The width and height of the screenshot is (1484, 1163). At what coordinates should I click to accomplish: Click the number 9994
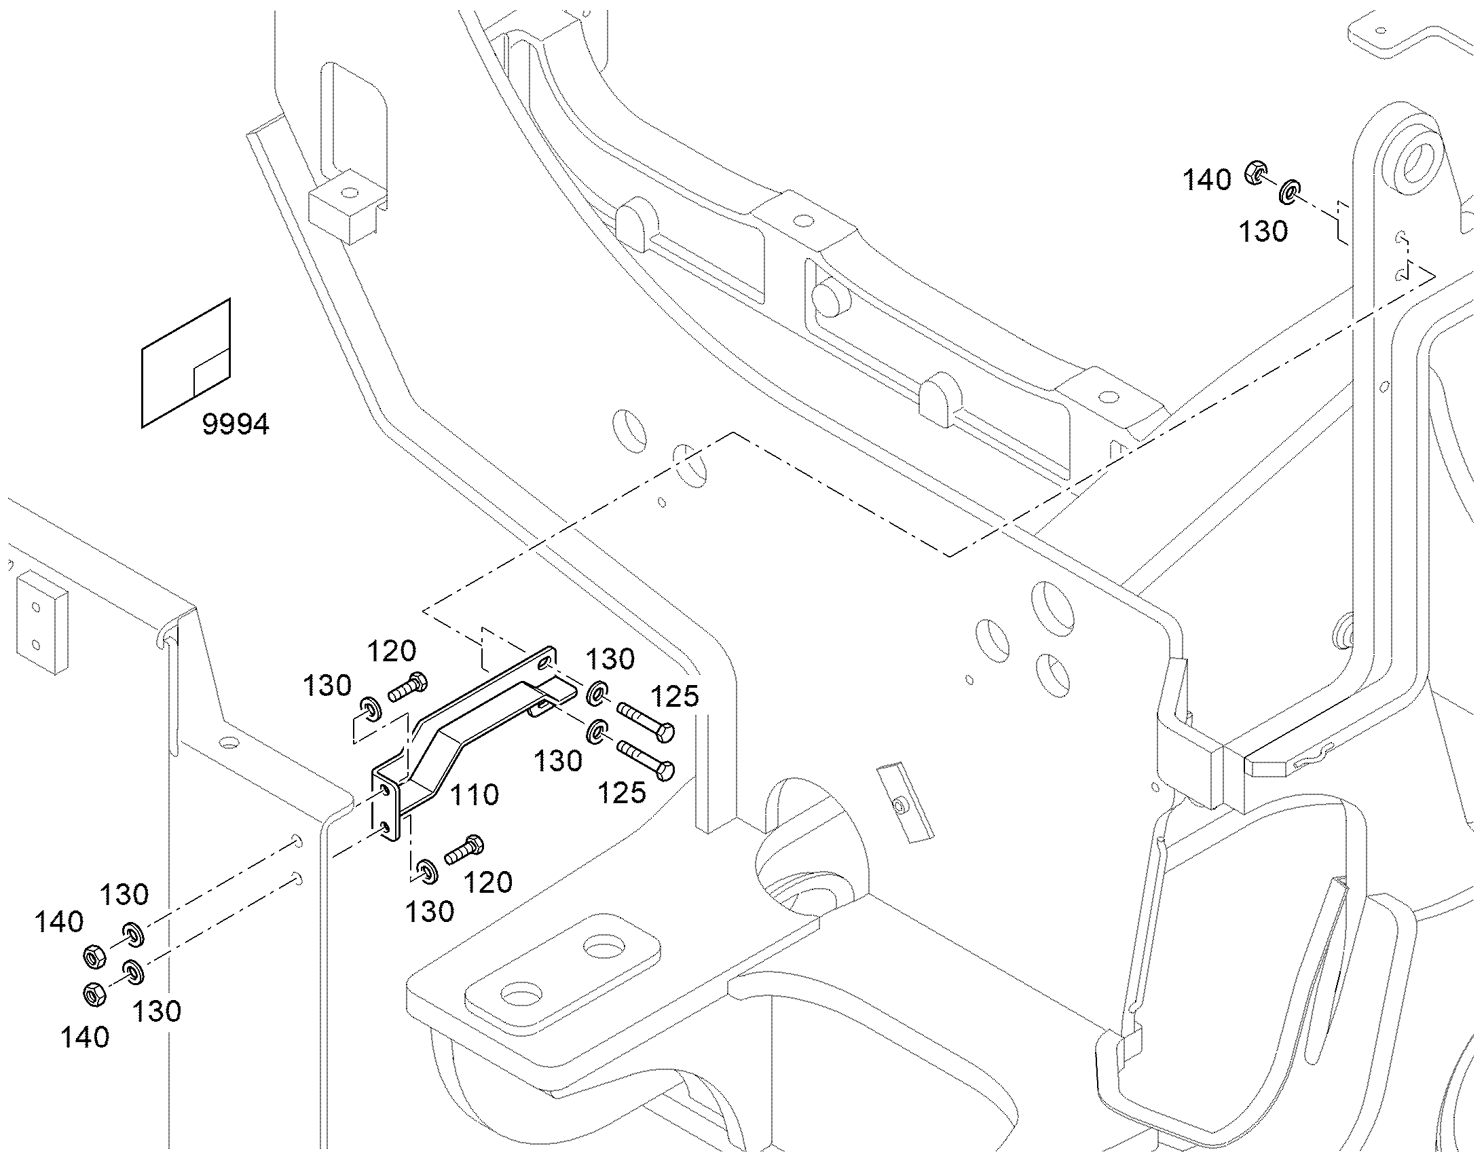pos(236,424)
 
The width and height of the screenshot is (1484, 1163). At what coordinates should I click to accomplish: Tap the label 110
pos(475,794)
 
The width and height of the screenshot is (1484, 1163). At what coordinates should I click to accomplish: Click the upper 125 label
pos(675,696)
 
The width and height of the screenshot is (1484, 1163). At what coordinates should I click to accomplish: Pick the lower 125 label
pos(622,792)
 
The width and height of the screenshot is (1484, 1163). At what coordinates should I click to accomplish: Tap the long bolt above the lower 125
pos(646,760)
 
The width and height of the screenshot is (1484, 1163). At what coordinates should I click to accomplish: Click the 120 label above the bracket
pos(392,652)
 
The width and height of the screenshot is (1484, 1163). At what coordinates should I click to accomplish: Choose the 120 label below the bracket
pos(487,883)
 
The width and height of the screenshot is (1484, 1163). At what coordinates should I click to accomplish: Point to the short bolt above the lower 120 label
pos(464,849)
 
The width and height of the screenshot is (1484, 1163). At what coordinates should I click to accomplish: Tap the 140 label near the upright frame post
pos(1207,181)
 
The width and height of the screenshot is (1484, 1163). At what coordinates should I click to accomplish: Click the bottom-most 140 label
pos(85,1037)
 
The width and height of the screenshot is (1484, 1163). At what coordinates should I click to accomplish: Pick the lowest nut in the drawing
pos(94,995)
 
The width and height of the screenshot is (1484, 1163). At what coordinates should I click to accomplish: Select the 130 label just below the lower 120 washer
pos(430,912)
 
